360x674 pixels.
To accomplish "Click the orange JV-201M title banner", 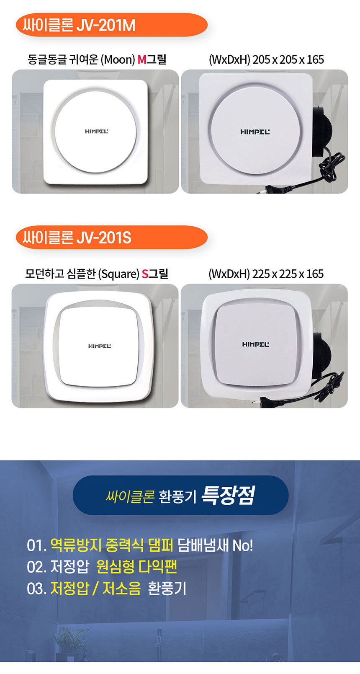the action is [x=112, y=25].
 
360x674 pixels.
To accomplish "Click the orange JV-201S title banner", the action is [x=112, y=238].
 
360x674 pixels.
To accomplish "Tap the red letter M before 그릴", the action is [x=141, y=59].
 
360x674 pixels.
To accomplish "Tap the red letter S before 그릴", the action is [x=145, y=274].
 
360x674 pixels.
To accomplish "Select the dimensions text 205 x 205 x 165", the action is [x=288, y=59].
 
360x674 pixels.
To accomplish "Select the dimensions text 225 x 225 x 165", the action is [x=288, y=274].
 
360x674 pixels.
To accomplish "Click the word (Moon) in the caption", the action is [x=118, y=59].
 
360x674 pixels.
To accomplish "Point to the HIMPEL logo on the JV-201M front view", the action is [x=97, y=132].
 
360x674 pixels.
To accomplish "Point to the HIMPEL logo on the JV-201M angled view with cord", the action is [x=255, y=132].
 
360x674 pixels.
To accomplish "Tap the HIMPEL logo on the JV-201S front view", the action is [x=100, y=346].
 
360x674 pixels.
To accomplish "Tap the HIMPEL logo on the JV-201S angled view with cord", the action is [x=256, y=344].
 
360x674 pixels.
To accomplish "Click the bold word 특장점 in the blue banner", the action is [x=228, y=495].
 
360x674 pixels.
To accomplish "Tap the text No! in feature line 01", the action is [x=243, y=545].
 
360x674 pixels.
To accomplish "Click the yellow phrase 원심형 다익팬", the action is [x=136, y=567].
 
